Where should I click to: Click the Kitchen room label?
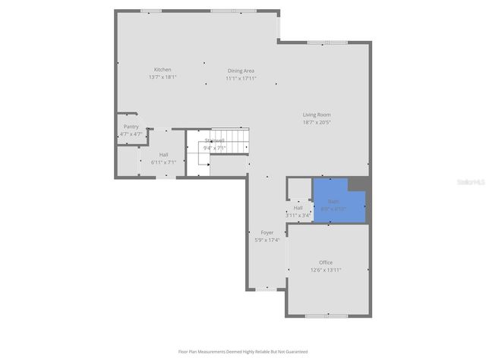[163, 70]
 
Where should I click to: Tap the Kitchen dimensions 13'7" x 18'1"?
[163, 77]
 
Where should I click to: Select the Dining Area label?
[241, 71]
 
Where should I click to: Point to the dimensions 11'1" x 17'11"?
[241, 78]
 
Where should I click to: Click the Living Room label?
[317, 115]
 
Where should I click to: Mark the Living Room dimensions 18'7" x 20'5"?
[317, 122]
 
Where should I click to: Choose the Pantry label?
[131, 127]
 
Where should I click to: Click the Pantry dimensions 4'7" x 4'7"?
[131, 134]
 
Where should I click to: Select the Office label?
[326, 262]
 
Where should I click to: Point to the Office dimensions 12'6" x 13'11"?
[326, 270]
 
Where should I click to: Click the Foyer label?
[267, 232]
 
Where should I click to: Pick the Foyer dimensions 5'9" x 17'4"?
[267, 240]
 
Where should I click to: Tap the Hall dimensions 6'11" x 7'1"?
[163, 162]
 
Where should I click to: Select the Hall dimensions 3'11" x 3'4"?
[298, 215]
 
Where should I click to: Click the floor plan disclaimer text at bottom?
[243, 351]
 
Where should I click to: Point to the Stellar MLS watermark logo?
[471, 183]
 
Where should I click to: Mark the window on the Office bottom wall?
[326, 315]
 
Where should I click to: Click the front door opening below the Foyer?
[267, 289]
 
